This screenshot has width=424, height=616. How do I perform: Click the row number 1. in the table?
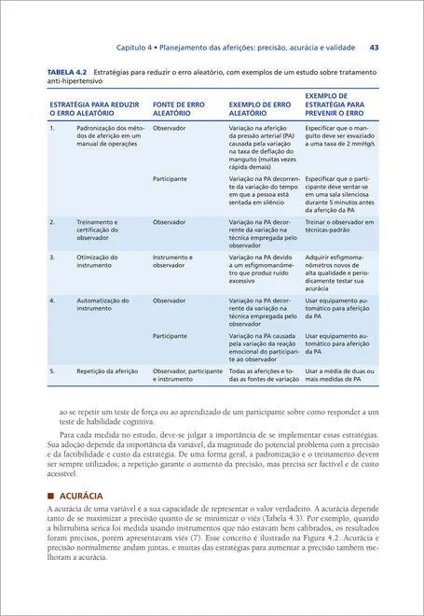coord(53,126)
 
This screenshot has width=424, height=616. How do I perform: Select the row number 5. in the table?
coord(53,371)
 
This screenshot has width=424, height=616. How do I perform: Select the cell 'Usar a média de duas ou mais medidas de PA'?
coord(339,375)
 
